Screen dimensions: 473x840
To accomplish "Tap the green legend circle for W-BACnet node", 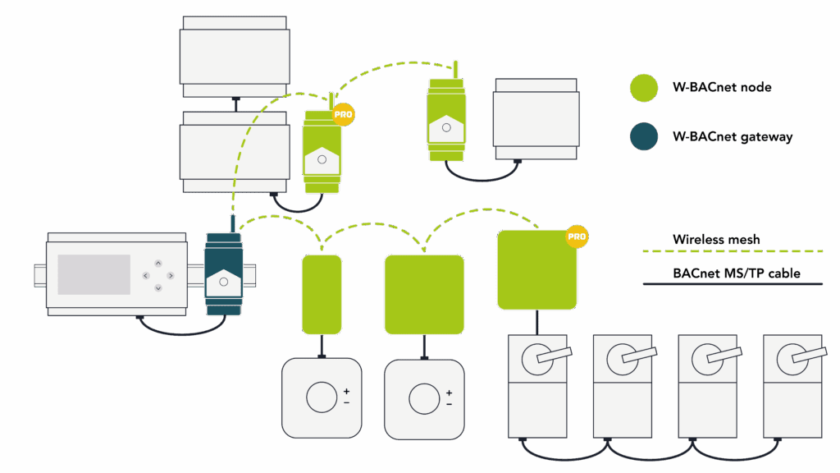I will [x=644, y=88].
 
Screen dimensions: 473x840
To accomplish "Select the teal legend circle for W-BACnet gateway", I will [x=644, y=137].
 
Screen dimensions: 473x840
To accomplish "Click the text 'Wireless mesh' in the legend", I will [x=716, y=240].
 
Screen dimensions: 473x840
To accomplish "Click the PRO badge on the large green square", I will [x=577, y=237].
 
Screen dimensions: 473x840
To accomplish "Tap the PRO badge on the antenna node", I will [x=344, y=116].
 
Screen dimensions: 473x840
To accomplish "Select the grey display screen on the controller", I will [x=93, y=274].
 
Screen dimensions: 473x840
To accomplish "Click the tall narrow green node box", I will [x=322, y=294].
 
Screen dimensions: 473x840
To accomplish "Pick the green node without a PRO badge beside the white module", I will [x=445, y=120].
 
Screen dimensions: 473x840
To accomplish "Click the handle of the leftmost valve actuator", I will [x=548, y=357].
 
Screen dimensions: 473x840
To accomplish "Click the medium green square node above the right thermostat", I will [x=424, y=294].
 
